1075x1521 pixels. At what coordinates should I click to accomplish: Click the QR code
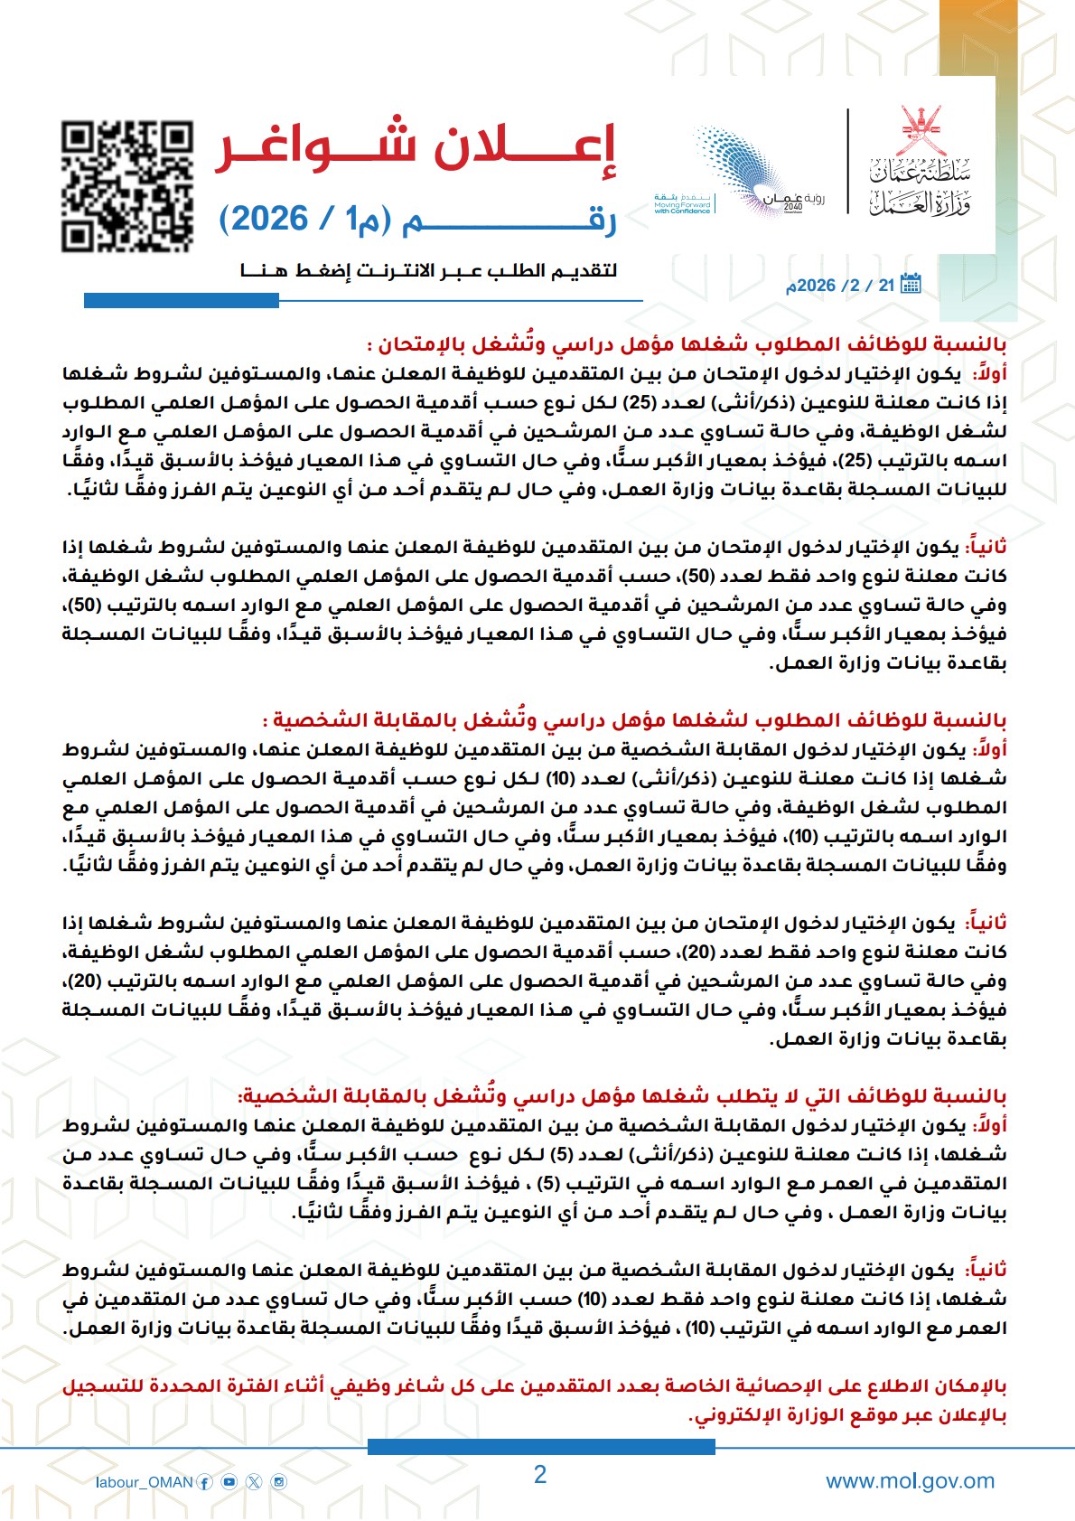pos(127,185)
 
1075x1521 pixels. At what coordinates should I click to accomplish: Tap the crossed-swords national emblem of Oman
pos(921,131)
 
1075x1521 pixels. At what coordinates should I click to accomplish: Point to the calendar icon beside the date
pos(911,284)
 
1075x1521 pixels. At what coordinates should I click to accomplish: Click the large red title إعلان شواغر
pos(416,147)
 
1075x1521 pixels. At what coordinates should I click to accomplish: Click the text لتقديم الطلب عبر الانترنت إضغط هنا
pos(429,270)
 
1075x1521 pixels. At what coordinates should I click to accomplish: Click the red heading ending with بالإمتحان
pos(687,344)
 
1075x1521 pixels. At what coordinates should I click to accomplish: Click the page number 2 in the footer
pos(540,1475)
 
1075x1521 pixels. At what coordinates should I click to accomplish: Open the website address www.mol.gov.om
pos(910,1481)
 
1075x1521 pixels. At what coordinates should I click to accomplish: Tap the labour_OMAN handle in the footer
pos(145,1482)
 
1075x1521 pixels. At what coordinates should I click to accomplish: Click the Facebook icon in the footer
pos(205,1482)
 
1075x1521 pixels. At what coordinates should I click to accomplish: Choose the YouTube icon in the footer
pos(229,1482)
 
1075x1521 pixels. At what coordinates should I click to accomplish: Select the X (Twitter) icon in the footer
pos(254,1482)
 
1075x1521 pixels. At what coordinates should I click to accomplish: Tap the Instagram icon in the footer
pos(279,1482)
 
